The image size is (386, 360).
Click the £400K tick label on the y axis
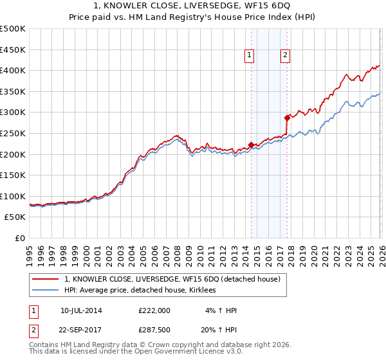(x=13, y=70)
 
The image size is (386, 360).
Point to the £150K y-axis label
(x=13, y=175)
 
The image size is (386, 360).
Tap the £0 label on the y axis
(x=21, y=239)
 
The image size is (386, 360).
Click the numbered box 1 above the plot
(x=249, y=56)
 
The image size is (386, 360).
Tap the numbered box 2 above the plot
(x=284, y=56)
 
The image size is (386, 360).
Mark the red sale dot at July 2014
(x=250, y=145)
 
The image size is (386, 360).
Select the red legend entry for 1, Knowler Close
(x=172, y=280)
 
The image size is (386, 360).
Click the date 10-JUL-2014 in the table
(x=81, y=310)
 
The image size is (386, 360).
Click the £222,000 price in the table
(x=154, y=310)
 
